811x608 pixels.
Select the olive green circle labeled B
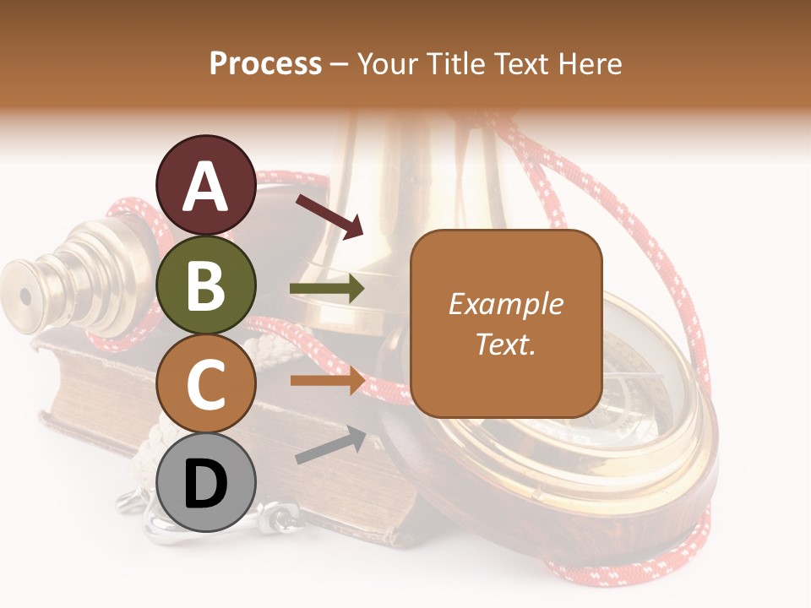coord(206,286)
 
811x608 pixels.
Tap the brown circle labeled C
coord(206,384)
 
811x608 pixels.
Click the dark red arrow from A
coord(329,216)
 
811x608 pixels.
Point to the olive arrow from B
coord(327,289)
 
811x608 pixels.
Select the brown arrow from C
coord(327,380)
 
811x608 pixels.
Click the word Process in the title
coord(265,64)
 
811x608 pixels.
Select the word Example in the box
coord(505,304)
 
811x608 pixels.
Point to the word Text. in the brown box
coord(505,344)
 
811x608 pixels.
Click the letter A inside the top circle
coord(206,187)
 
